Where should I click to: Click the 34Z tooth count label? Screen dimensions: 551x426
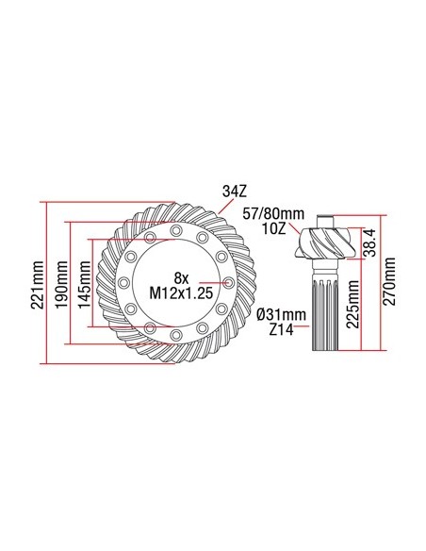(x=233, y=191)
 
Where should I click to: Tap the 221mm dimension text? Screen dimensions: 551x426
(x=38, y=282)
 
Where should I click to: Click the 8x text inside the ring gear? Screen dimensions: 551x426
(x=182, y=278)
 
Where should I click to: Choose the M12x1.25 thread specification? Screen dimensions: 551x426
(x=183, y=295)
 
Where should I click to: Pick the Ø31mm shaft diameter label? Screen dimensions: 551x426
(x=282, y=314)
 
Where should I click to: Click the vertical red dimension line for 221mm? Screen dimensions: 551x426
(x=45, y=282)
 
